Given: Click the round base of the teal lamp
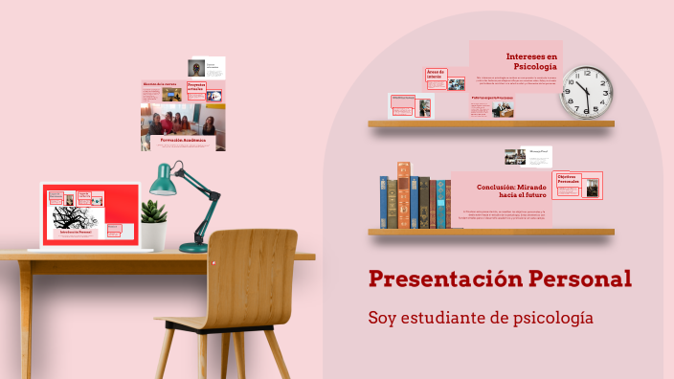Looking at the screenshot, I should click(193, 247).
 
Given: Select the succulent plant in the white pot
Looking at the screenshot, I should click(153, 212).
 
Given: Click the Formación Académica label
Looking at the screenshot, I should click(183, 140).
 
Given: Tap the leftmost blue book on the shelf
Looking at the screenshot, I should click(383, 202).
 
